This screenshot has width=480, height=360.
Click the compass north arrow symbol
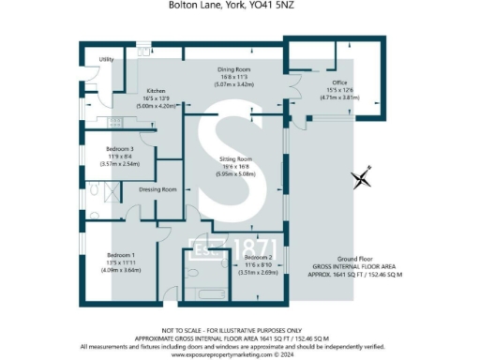362,176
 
